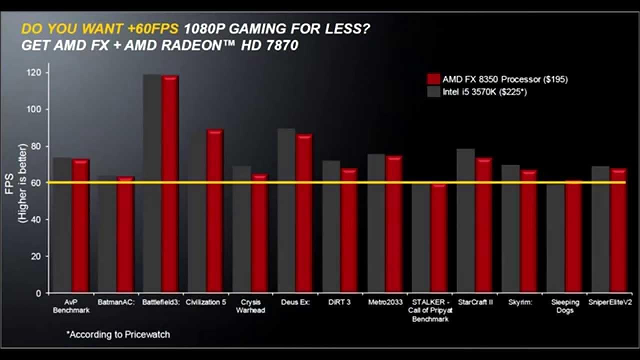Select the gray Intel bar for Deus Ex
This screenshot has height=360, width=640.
tap(286, 210)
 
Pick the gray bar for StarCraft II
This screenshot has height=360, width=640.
tap(466, 220)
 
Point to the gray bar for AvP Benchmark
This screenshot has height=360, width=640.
tap(62, 225)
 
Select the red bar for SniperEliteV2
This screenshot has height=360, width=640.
tap(618, 230)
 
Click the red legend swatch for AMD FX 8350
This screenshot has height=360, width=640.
tap(433, 79)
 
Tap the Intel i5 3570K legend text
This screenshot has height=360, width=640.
tap(484, 92)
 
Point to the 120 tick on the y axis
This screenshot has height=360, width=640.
tap(35, 73)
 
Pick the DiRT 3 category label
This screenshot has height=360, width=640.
tap(339, 302)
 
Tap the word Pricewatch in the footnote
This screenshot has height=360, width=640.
tap(148, 334)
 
